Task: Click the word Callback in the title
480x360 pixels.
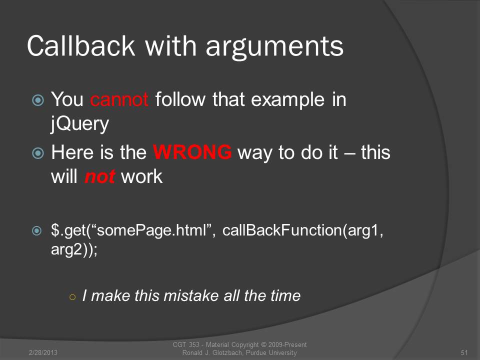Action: pyautogui.click(x=81, y=46)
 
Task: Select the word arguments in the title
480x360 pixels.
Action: pyautogui.click(x=274, y=48)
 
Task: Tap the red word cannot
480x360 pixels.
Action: pyautogui.click(x=119, y=99)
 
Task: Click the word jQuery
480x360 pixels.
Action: pyautogui.click(x=80, y=124)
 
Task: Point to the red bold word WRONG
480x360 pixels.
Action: pyautogui.click(x=192, y=152)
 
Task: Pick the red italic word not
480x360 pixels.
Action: pyautogui.click(x=99, y=176)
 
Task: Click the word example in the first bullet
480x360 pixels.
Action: pyautogui.click(x=288, y=100)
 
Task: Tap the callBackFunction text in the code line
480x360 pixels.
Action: pyautogui.click(x=282, y=230)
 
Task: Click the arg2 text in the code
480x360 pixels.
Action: pyautogui.click(x=66, y=249)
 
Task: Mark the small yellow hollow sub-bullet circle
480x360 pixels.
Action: pyautogui.click(x=72, y=297)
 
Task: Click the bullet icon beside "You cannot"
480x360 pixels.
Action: pyautogui.click(x=38, y=100)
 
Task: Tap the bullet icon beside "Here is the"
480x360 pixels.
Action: pyautogui.click(x=38, y=153)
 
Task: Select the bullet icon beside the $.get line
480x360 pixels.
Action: pyautogui.click(x=36, y=231)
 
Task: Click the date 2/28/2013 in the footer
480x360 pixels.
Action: pyautogui.click(x=43, y=352)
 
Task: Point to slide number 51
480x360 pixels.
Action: pyautogui.click(x=464, y=352)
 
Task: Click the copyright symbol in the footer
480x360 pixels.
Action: pyautogui.click(x=263, y=344)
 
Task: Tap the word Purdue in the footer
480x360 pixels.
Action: pyautogui.click(x=256, y=352)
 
